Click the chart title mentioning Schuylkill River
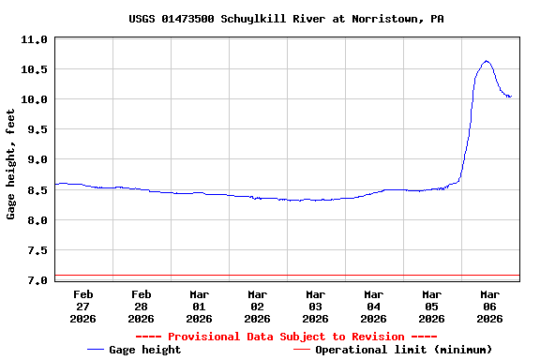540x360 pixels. point(287,19)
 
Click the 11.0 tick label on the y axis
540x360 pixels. point(35,39)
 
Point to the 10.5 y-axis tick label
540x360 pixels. point(35,69)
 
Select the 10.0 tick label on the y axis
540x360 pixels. point(35,99)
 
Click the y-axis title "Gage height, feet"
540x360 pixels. point(11,164)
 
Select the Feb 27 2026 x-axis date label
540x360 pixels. point(82,306)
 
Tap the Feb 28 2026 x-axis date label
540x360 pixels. point(141,306)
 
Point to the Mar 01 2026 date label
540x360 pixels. point(199,306)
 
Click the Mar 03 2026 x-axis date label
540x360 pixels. point(315,306)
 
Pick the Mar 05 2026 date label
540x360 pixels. point(431,306)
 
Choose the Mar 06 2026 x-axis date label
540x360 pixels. point(489,306)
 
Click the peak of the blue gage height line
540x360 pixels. point(487,61)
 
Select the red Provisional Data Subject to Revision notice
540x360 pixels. point(286,337)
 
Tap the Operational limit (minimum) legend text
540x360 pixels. point(403,350)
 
